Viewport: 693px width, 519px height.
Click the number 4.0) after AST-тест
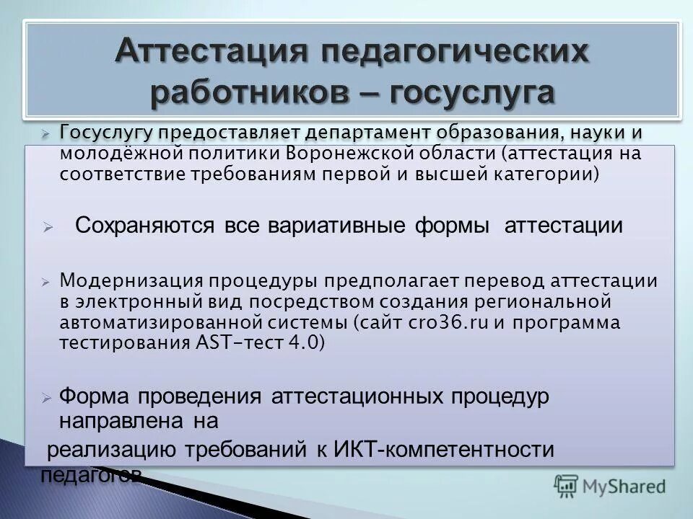click(x=306, y=343)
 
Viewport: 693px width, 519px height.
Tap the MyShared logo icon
click(x=567, y=485)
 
